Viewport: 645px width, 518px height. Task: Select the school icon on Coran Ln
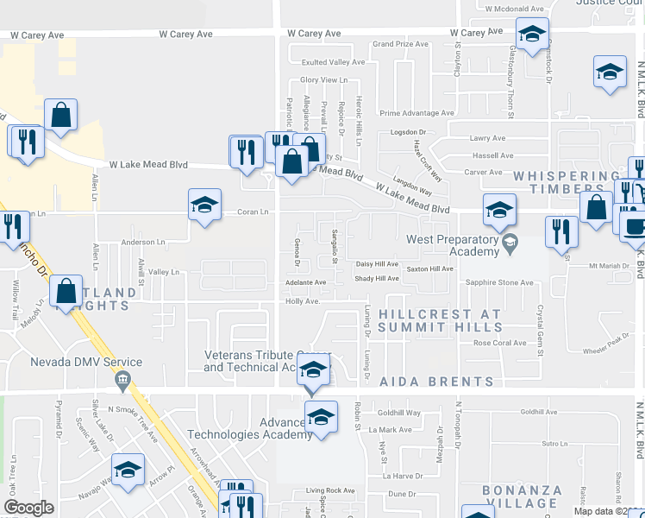(204, 205)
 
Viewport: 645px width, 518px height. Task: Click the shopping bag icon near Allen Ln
(60, 115)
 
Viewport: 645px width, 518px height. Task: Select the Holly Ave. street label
(303, 301)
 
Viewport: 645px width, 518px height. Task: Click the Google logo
(28, 508)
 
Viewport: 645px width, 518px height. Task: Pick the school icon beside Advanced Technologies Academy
(321, 419)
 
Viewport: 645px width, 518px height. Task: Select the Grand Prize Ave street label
(399, 43)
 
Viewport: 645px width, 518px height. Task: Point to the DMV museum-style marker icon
(122, 378)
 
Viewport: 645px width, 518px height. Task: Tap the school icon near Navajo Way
(128, 471)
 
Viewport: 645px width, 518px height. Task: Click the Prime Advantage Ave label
(416, 113)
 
